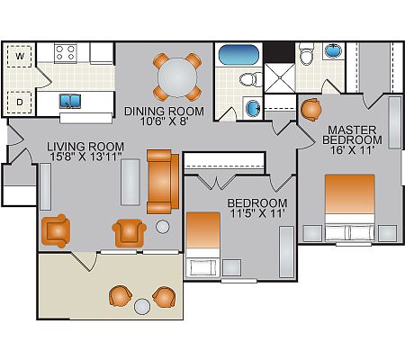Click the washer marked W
coord(20,56)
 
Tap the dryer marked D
coord(20,103)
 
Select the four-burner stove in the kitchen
coord(66,53)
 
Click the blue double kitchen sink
coord(70,101)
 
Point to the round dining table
coord(177,77)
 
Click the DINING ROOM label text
coord(164,112)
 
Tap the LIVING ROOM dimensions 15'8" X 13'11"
coord(85,157)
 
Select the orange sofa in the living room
coord(163,182)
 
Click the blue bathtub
coord(238,55)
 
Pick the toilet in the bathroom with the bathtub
coord(251,79)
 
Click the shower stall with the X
coord(280,78)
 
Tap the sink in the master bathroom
coord(333,50)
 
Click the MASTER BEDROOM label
coord(352,135)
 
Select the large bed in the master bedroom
coord(350,208)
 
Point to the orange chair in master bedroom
coord(310,110)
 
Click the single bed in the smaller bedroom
coord(203,244)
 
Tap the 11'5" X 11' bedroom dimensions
coord(257,213)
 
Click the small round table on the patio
coord(142,307)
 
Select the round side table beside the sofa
coord(163,227)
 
